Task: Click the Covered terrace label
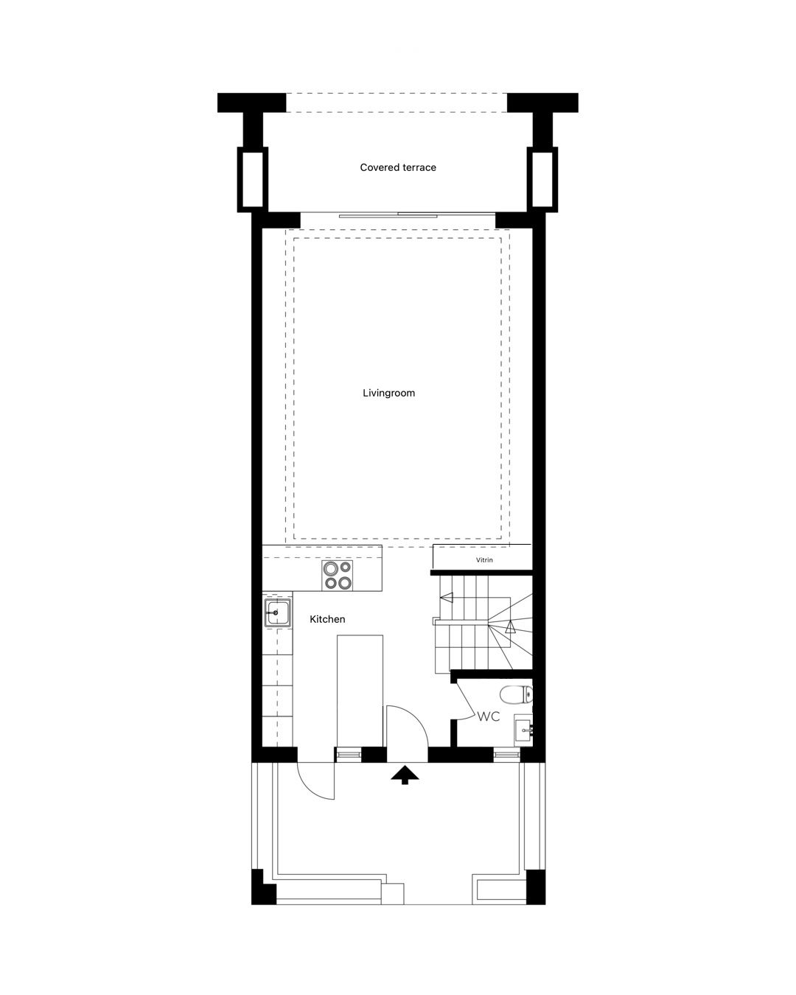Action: point(398,167)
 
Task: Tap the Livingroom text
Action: point(388,393)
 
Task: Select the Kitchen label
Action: point(327,619)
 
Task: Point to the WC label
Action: point(489,716)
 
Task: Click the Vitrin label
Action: point(484,560)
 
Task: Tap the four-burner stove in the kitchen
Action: point(337,575)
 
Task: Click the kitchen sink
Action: point(278,612)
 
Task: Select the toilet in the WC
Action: point(516,694)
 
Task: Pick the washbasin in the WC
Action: point(523,731)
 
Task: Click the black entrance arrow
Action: point(405,775)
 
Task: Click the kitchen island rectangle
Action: point(360,691)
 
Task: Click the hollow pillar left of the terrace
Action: point(253,179)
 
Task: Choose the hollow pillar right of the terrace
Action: point(542,179)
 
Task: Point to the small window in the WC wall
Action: point(507,755)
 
